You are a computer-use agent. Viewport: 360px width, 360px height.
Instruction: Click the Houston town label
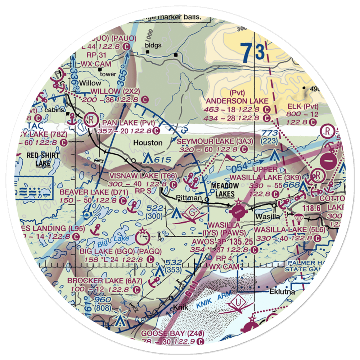point(148,143)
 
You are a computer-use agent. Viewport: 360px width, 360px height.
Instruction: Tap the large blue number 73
point(254,53)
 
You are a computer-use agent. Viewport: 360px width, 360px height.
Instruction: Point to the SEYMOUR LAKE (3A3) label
point(215,141)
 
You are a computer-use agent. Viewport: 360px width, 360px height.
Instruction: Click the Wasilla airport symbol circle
point(238,212)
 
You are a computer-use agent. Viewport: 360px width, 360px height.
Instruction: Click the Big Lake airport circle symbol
point(143,238)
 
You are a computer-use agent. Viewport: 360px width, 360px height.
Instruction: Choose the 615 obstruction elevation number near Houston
point(160,158)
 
